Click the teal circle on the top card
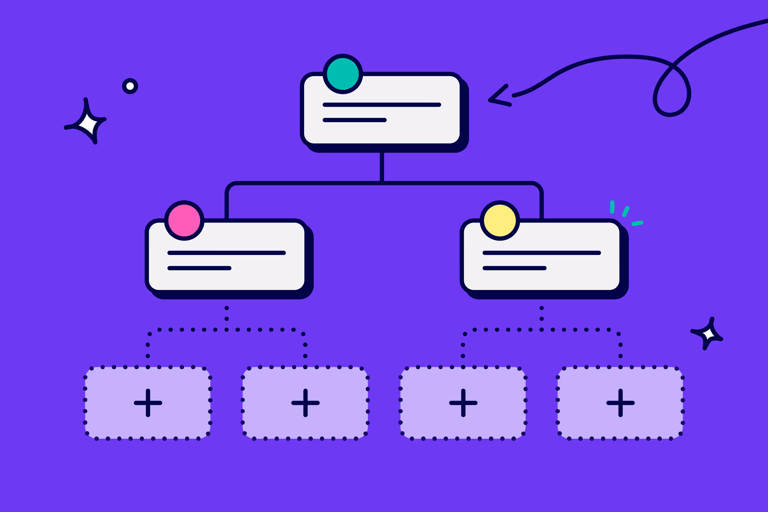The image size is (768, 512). click(343, 74)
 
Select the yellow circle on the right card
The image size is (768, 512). click(500, 220)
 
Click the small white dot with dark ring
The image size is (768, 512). click(130, 86)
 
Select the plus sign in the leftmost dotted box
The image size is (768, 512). click(148, 403)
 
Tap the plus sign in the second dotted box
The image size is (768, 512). click(305, 403)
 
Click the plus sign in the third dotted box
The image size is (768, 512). click(463, 403)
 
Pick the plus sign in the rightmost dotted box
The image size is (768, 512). click(620, 403)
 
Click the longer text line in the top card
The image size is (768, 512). click(382, 105)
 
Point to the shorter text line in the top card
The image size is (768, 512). click(355, 120)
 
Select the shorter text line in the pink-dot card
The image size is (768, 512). click(199, 268)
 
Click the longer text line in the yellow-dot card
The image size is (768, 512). click(541, 253)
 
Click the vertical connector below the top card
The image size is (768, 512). click(382, 167)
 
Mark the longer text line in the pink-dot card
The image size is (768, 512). click(227, 253)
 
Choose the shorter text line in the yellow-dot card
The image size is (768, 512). click(514, 268)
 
